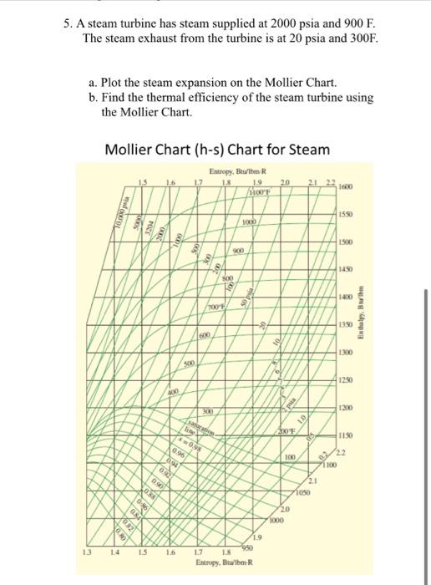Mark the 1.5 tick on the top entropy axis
click(143, 184)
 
